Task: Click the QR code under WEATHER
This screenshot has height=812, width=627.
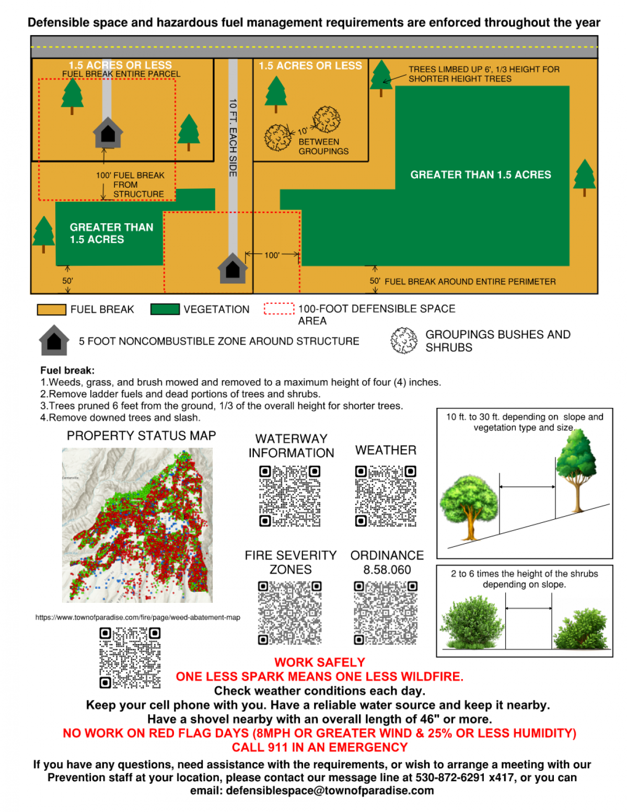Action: pyautogui.click(x=386, y=496)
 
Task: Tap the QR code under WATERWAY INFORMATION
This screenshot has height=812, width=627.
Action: pyautogui.click(x=290, y=496)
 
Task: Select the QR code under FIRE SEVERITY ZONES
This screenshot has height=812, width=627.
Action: pyautogui.click(x=290, y=612)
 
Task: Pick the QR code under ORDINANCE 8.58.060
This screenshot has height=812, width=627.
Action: pyautogui.click(x=386, y=612)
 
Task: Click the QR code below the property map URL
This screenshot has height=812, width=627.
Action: pyautogui.click(x=130, y=658)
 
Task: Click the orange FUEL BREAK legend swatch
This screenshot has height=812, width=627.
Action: pyautogui.click(x=51, y=310)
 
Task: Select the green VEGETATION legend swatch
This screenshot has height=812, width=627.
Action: pyautogui.click(x=165, y=309)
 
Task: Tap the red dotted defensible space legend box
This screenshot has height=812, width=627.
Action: pyautogui.click(x=279, y=309)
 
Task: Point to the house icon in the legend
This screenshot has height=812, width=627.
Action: pyautogui.click(x=54, y=340)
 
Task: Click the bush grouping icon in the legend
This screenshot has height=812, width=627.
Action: pyautogui.click(x=404, y=340)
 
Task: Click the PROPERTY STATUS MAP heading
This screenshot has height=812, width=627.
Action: pyautogui.click(x=141, y=436)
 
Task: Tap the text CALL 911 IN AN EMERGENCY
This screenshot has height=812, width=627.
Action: pyautogui.click(x=320, y=747)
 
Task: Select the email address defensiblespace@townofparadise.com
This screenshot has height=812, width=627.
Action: pyautogui.click(x=330, y=791)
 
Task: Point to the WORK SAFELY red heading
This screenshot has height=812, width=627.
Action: pyautogui.click(x=320, y=662)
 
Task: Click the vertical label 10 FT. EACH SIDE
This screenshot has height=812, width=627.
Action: pyautogui.click(x=233, y=138)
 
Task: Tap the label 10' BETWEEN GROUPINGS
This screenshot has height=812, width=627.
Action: pyautogui.click(x=322, y=146)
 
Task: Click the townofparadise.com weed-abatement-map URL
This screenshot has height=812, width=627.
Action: pyautogui.click(x=138, y=617)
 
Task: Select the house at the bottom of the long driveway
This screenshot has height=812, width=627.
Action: pyautogui.click(x=233, y=268)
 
